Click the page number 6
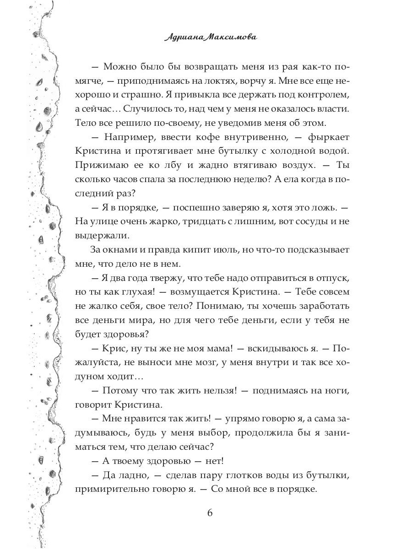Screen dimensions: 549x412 point(210,512)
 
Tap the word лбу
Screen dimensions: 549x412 point(169,165)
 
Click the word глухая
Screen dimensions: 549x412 point(139,292)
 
